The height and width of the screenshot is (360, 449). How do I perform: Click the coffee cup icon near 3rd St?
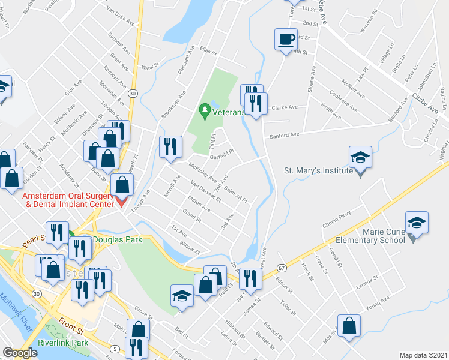(285, 40)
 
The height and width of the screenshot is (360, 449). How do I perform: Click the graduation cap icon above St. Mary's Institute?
(360, 157)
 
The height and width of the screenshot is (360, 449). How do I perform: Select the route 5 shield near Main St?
(114, 349)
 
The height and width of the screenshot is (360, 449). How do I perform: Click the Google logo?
(20, 353)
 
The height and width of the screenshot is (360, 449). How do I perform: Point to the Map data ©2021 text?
(423, 355)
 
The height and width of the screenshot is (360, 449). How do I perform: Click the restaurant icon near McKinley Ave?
(170, 146)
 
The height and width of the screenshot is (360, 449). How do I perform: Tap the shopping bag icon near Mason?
(349, 326)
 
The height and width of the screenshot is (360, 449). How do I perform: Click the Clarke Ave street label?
(285, 108)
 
